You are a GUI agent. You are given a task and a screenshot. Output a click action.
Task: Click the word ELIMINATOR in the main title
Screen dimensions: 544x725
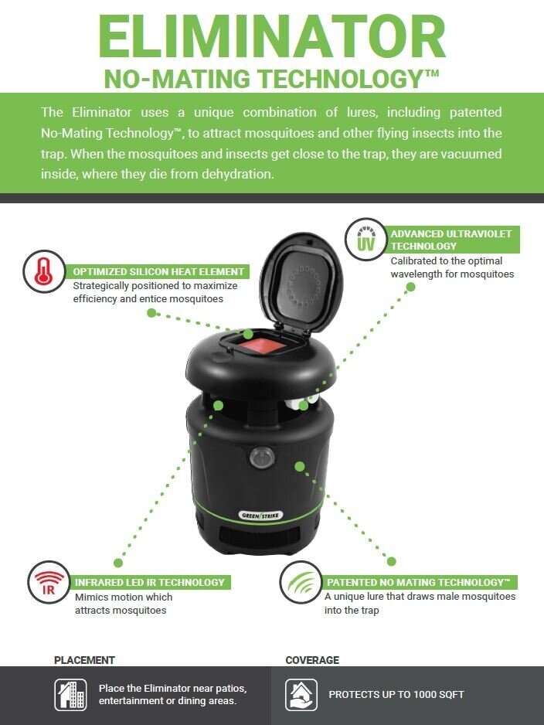pos(272,37)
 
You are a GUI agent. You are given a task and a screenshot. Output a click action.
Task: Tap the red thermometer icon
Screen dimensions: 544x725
pos(43,271)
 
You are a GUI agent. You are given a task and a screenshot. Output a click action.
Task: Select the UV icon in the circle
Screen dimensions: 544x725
pos(365,240)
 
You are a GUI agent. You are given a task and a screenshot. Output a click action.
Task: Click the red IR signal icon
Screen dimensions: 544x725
pos(49,583)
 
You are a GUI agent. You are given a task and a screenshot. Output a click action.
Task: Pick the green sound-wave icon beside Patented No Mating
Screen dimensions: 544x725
pos(301,582)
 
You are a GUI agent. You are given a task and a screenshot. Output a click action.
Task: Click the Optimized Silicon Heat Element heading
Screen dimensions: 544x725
pos(158,272)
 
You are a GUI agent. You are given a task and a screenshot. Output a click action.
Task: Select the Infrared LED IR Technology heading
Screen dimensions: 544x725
pos(150,583)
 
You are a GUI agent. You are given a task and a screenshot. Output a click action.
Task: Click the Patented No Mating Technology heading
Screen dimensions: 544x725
pos(418,582)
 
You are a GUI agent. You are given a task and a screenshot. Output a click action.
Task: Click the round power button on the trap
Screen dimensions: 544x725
pos(262,458)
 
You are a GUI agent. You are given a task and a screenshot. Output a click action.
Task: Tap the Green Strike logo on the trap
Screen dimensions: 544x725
pos(261,515)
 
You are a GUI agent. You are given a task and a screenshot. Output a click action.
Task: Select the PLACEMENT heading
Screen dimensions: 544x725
pos(84,660)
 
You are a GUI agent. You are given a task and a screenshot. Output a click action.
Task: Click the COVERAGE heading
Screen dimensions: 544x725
pos(312,660)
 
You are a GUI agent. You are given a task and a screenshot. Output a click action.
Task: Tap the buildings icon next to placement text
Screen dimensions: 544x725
pos(70,695)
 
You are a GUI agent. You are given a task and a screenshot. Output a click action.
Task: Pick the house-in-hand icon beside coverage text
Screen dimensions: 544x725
pos(301,695)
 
